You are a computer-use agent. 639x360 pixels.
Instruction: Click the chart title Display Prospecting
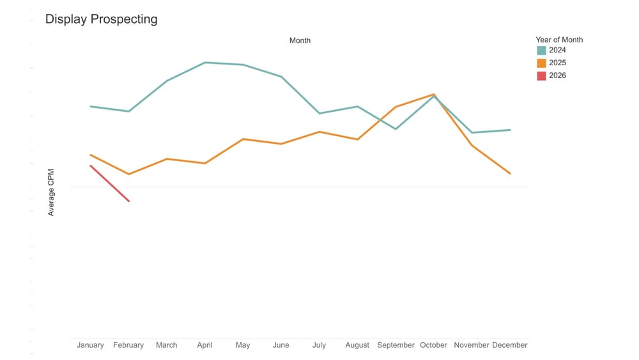(101, 19)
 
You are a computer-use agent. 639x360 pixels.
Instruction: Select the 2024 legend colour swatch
(541, 51)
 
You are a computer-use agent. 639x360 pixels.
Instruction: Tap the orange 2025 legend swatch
(541, 63)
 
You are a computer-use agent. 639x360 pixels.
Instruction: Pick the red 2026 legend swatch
(541, 76)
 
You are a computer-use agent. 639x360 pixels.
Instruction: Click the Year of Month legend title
(559, 40)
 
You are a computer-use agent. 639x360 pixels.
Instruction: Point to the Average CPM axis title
(51, 192)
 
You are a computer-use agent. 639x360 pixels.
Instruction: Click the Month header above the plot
(300, 40)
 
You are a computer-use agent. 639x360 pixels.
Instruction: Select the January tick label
(90, 345)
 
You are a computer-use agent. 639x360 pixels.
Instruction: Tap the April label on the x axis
(204, 345)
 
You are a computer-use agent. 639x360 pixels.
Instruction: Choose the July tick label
(319, 345)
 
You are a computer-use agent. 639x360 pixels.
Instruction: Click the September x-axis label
(396, 345)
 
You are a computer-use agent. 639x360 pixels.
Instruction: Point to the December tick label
(510, 345)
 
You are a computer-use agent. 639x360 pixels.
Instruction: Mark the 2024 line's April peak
(205, 63)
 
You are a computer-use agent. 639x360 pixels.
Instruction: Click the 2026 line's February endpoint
(129, 201)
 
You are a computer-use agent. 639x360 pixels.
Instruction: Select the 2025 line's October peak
(434, 95)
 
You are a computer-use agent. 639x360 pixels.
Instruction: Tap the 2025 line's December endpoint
(510, 173)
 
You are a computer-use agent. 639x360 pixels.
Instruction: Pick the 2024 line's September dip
(396, 129)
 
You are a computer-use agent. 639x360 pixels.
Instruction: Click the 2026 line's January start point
(91, 166)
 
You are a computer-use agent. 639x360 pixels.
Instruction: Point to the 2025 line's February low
(129, 174)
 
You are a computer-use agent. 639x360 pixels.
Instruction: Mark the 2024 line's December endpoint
(510, 130)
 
